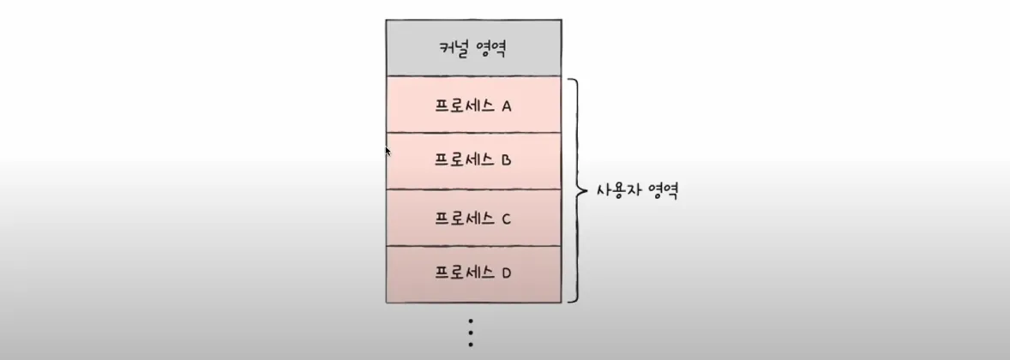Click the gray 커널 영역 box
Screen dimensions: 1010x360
point(473,47)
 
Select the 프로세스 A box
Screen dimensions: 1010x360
point(473,105)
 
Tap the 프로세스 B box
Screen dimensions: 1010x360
point(473,160)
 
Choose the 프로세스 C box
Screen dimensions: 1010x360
point(473,218)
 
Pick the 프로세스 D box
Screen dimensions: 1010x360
point(473,274)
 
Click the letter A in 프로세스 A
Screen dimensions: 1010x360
point(506,106)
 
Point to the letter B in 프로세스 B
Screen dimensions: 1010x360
point(506,160)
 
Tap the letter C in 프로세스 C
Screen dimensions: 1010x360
point(506,219)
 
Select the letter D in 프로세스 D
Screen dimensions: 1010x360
point(506,274)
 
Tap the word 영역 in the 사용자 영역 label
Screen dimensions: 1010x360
point(663,190)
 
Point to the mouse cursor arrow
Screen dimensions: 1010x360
point(388,151)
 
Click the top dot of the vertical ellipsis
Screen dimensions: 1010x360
point(471,321)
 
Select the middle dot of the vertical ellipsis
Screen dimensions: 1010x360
point(471,333)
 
